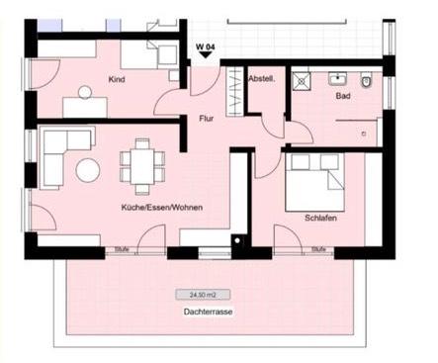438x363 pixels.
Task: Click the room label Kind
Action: tap(117, 79)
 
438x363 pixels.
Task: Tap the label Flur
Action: tap(206, 119)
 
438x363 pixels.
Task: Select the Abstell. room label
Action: tap(262, 79)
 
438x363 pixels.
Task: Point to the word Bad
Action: tap(343, 96)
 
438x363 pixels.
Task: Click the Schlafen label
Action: tap(320, 218)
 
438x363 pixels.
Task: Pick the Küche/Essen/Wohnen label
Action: tap(162, 208)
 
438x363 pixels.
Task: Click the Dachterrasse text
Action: tap(208, 312)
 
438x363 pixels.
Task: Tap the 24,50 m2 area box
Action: tap(203, 295)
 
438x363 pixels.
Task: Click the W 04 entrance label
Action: tap(206, 46)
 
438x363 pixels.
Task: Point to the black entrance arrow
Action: tap(206, 54)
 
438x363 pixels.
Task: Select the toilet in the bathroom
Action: tap(366, 80)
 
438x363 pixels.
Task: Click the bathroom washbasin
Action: tap(337, 79)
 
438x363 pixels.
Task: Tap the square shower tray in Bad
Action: tap(301, 81)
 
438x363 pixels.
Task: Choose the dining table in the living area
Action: tap(142, 166)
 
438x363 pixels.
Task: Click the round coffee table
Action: tap(88, 170)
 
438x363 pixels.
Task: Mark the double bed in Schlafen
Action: tap(315, 182)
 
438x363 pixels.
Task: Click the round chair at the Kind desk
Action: tap(85, 92)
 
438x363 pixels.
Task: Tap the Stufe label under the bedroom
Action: tap(318, 249)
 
